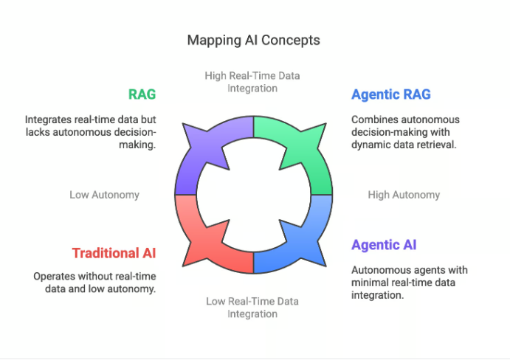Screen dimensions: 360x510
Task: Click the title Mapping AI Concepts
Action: pyautogui.click(x=253, y=40)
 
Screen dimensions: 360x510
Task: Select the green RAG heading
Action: pyautogui.click(x=142, y=94)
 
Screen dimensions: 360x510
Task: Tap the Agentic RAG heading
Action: pyautogui.click(x=390, y=94)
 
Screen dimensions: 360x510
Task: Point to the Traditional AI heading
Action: pyautogui.click(x=114, y=253)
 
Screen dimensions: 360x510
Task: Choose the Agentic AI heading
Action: pyautogui.click(x=384, y=246)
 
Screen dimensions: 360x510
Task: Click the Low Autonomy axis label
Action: pyautogui.click(x=104, y=195)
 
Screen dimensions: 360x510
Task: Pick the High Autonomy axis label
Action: pyautogui.click(x=404, y=195)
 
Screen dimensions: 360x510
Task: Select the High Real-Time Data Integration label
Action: pyautogui.click(x=252, y=82)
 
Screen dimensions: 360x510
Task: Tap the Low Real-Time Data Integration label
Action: pyautogui.click(x=252, y=307)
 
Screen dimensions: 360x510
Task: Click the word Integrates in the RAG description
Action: pyautogui.click(x=49, y=119)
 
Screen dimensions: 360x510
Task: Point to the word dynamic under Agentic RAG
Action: pyautogui.click(x=371, y=145)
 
